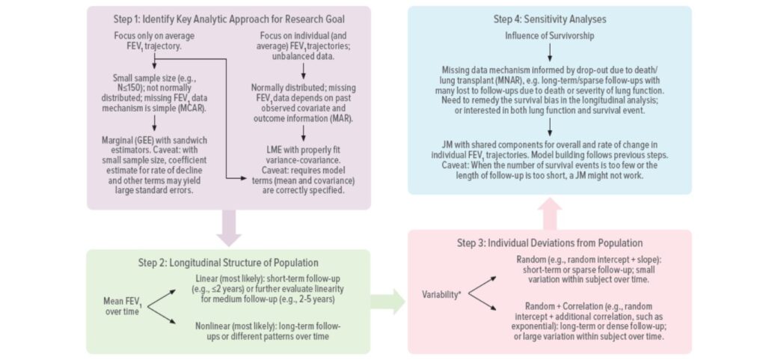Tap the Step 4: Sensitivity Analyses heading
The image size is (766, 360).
[x=549, y=19]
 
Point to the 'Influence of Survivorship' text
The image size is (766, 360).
[x=549, y=35]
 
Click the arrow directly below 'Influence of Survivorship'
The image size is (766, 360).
[x=549, y=52]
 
